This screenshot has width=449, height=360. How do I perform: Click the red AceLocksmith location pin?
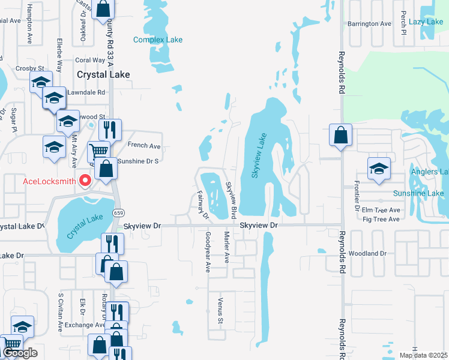click(x=85, y=180)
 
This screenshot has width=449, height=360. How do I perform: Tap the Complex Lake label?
click(x=158, y=40)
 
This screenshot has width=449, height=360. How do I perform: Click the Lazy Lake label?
click(x=426, y=22)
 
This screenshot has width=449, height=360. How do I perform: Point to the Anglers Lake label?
click(x=429, y=172)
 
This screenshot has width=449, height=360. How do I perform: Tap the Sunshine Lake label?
click(x=418, y=193)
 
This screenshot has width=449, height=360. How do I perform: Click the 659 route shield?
click(x=119, y=213)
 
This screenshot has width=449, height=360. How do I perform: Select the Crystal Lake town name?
click(x=103, y=74)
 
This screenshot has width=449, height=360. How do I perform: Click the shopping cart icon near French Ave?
click(x=98, y=151)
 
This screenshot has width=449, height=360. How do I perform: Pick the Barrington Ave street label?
click(x=369, y=24)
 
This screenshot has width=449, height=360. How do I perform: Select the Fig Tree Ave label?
click(x=381, y=220)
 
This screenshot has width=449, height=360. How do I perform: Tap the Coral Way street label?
click(x=91, y=60)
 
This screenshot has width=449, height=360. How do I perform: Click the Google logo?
click(x=20, y=353)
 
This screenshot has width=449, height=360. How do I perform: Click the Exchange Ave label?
click(x=85, y=325)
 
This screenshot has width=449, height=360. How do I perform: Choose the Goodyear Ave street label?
click(x=208, y=252)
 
